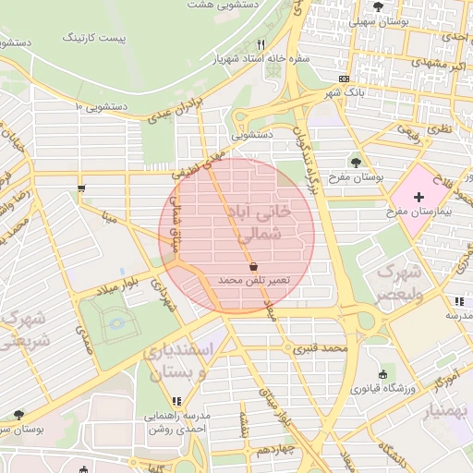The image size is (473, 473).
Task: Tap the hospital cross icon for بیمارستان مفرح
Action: pos(419,197)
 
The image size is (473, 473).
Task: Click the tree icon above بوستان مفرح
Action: pos(343,163)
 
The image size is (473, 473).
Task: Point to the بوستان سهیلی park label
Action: pos(386,20)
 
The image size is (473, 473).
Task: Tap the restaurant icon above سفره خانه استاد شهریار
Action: pos(262,44)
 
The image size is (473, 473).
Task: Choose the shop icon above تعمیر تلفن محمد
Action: pos(253,265)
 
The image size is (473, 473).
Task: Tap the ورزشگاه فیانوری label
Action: pos(382,388)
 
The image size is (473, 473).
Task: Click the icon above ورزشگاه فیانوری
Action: pos(382,374)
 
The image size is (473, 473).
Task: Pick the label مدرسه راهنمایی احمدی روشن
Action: pos(178,422)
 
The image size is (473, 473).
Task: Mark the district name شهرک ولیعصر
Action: pos(398,284)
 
